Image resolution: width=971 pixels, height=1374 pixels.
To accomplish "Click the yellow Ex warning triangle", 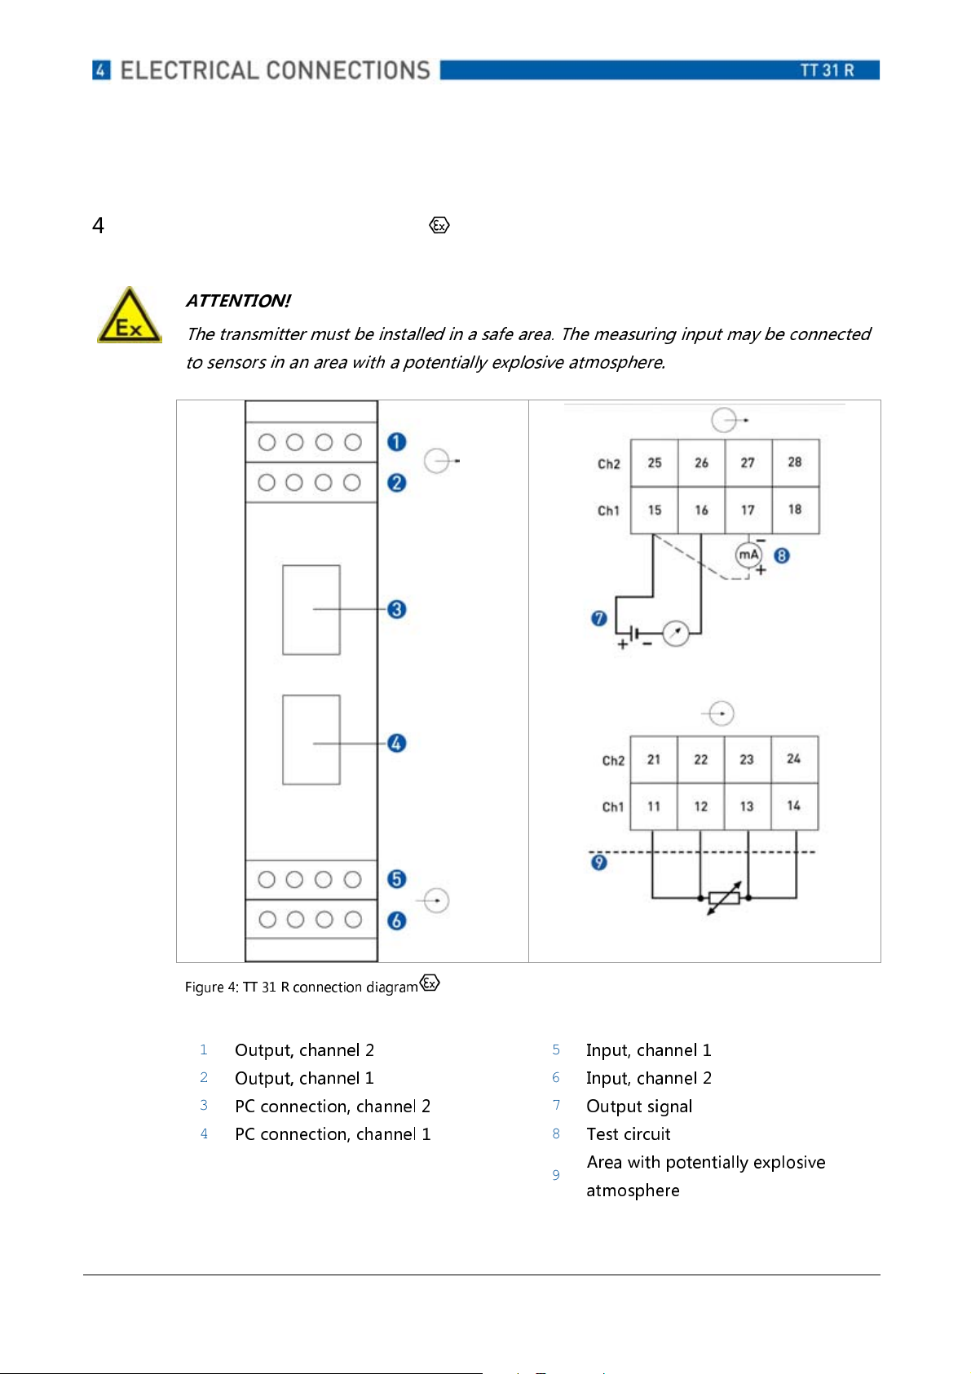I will click(129, 318).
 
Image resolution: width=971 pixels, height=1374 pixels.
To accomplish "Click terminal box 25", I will click(654, 462).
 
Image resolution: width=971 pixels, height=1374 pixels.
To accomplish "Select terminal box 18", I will click(795, 510).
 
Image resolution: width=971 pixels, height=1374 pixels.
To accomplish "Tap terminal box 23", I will click(747, 759).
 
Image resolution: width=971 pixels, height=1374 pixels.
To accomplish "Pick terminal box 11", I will click(654, 806).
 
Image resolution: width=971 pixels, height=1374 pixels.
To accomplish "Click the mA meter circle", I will click(748, 554).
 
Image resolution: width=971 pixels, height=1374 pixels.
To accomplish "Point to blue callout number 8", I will click(782, 556).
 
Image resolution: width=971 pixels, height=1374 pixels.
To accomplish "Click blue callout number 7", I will click(599, 619).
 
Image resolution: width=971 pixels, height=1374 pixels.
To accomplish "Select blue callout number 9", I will click(599, 862).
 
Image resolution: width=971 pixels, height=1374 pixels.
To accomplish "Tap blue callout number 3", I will click(397, 609).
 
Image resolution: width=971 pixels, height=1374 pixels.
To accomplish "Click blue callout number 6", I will click(397, 921).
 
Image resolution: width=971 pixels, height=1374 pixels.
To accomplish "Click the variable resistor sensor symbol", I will click(724, 898).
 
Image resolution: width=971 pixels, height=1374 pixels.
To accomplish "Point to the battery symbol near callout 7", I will click(635, 634).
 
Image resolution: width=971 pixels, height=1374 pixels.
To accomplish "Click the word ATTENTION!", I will click(238, 301).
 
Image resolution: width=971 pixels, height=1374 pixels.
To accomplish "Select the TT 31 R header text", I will click(827, 70).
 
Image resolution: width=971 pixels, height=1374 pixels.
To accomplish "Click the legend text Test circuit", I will click(628, 1134).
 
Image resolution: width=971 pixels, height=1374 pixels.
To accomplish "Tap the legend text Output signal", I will click(639, 1107).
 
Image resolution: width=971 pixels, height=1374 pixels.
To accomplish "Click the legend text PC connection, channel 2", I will click(333, 1107).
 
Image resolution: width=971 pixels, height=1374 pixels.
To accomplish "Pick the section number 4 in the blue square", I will click(101, 70).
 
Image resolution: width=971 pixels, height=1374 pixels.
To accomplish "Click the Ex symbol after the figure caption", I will click(430, 983).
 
